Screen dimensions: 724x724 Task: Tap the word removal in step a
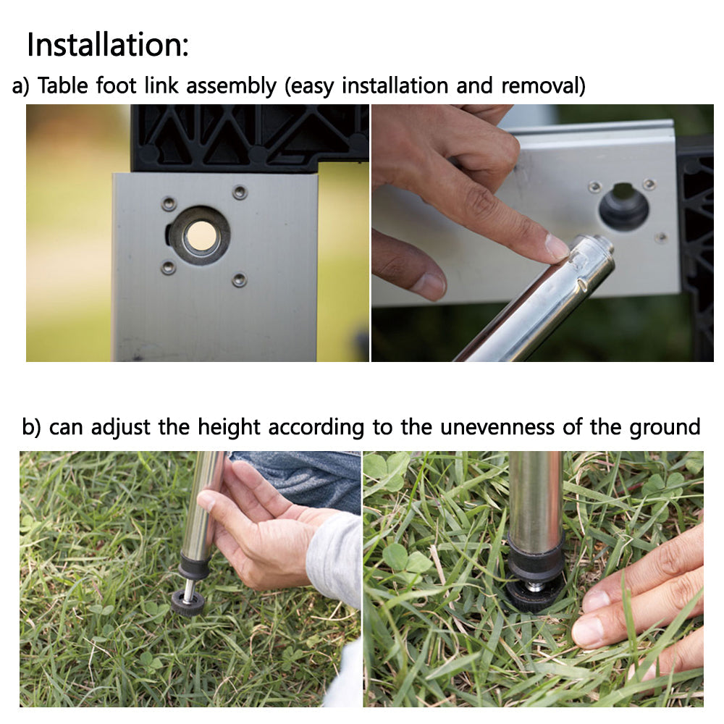pos(543,86)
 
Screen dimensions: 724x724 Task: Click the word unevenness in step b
pos(497,426)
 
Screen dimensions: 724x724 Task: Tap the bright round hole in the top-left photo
pos(201,235)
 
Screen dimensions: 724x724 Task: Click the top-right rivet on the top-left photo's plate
pos(240,192)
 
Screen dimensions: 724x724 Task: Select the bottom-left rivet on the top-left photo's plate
pos(168,267)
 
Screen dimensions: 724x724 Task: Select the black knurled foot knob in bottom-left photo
pos(188,604)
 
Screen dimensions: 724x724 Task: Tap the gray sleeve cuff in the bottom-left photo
pos(334,559)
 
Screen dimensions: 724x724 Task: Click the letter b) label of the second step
pos(31,427)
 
